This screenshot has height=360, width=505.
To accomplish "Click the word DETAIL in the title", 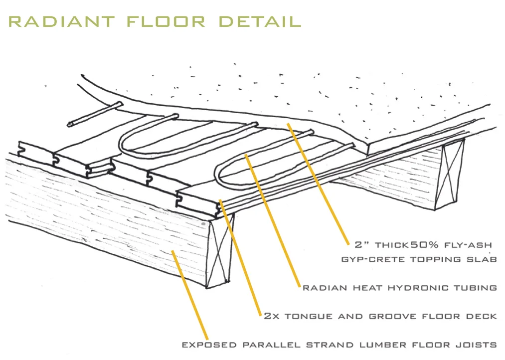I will pyautogui.click(x=260, y=21).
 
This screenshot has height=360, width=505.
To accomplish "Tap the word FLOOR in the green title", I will pyautogui.click(x=166, y=21).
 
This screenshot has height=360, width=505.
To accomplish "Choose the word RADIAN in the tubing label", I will pyautogui.click(x=322, y=288).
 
